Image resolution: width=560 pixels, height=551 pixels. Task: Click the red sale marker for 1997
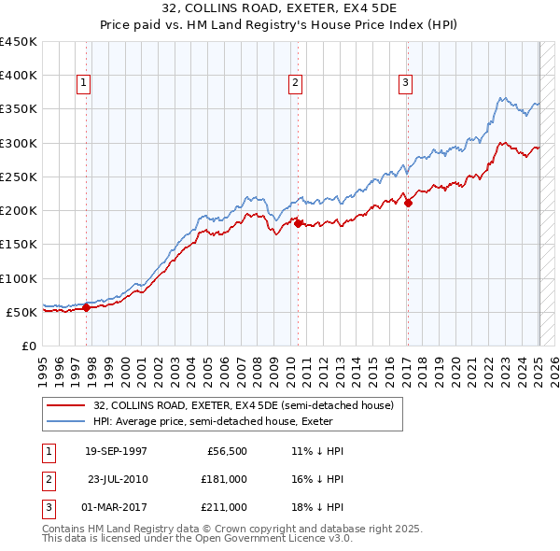click(86, 307)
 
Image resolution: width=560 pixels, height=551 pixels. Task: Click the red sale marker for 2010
click(298, 223)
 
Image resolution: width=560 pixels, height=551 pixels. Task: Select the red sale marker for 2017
click(408, 203)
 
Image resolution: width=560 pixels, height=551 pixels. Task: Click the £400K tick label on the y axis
click(19, 76)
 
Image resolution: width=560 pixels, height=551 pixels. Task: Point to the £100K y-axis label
click(19, 278)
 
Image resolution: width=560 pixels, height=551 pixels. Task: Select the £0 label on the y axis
click(28, 346)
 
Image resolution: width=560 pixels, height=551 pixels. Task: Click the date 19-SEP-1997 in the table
click(116, 451)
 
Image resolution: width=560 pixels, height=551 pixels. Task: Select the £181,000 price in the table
click(224, 479)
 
